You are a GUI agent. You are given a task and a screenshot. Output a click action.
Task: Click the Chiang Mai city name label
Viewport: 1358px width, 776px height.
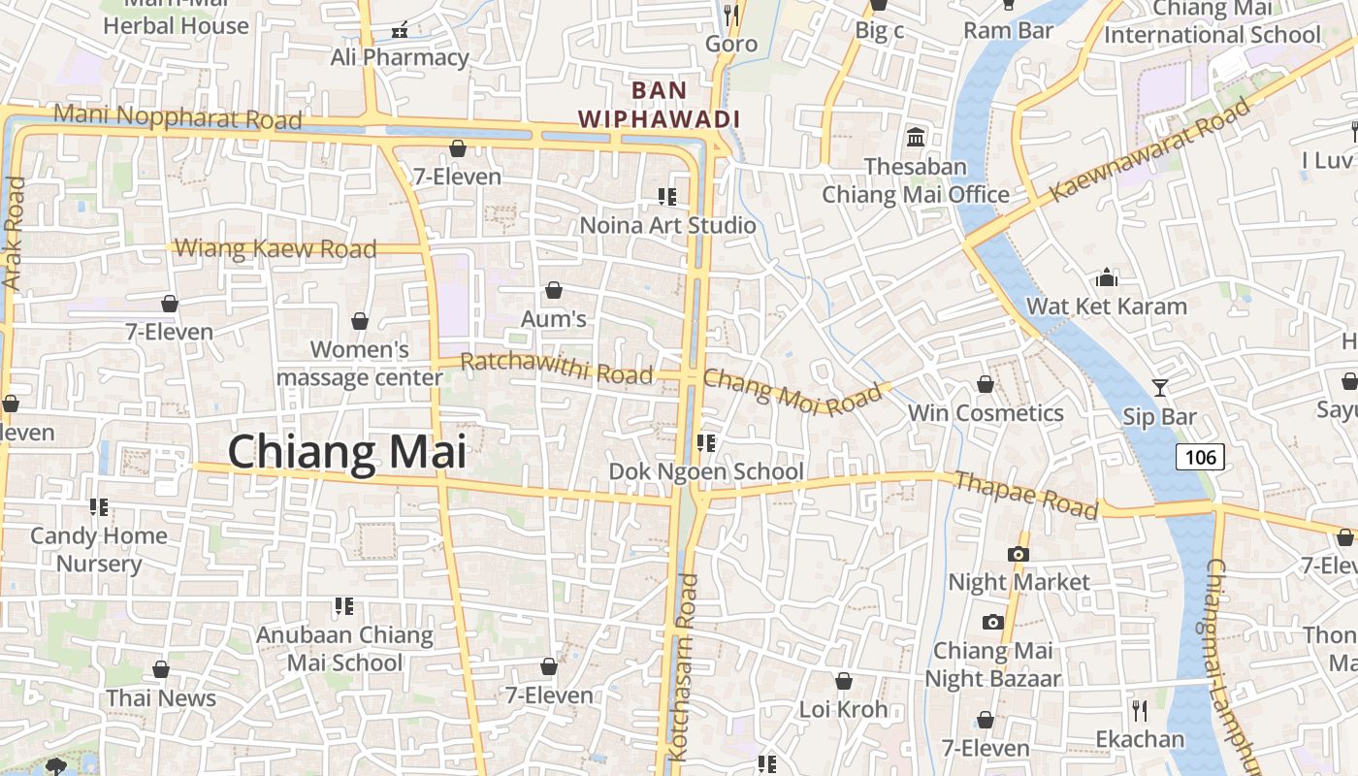[346, 452]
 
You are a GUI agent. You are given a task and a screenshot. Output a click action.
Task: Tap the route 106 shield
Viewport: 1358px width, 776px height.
[1201, 457]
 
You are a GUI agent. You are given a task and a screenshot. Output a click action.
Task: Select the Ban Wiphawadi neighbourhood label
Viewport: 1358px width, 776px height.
[660, 105]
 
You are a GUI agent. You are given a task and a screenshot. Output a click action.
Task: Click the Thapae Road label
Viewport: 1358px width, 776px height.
[1026, 495]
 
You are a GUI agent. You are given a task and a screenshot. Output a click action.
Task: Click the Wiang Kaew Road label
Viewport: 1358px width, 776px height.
[275, 248]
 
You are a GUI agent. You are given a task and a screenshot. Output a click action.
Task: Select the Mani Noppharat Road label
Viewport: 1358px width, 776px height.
[178, 116]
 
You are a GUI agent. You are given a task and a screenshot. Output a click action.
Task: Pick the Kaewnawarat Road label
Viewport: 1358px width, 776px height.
[1150, 149]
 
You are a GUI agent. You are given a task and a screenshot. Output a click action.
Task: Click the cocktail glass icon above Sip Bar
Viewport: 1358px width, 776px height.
[1160, 388]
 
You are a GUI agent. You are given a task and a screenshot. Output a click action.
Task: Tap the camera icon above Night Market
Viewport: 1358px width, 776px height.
[1018, 554]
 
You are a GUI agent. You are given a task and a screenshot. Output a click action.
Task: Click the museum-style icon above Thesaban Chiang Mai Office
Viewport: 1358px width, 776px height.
[915, 137]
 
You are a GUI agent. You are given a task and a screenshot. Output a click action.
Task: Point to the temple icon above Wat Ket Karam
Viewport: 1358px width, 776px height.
[1107, 279]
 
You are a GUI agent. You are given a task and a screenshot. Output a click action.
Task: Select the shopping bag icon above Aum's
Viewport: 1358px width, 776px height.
[554, 290]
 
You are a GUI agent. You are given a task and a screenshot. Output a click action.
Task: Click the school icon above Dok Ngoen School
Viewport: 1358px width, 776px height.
[706, 443]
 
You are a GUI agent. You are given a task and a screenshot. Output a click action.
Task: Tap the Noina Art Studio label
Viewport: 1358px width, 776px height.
[667, 225]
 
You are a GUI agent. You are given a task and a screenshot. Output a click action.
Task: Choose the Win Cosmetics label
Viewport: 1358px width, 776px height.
[986, 413]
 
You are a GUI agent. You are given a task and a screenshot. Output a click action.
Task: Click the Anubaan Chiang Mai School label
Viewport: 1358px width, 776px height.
[344, 649]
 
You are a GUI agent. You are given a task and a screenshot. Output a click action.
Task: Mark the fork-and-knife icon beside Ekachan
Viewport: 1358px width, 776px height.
[1140, 711]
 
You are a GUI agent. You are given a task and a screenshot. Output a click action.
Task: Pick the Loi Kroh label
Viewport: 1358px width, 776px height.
[843, 709]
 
